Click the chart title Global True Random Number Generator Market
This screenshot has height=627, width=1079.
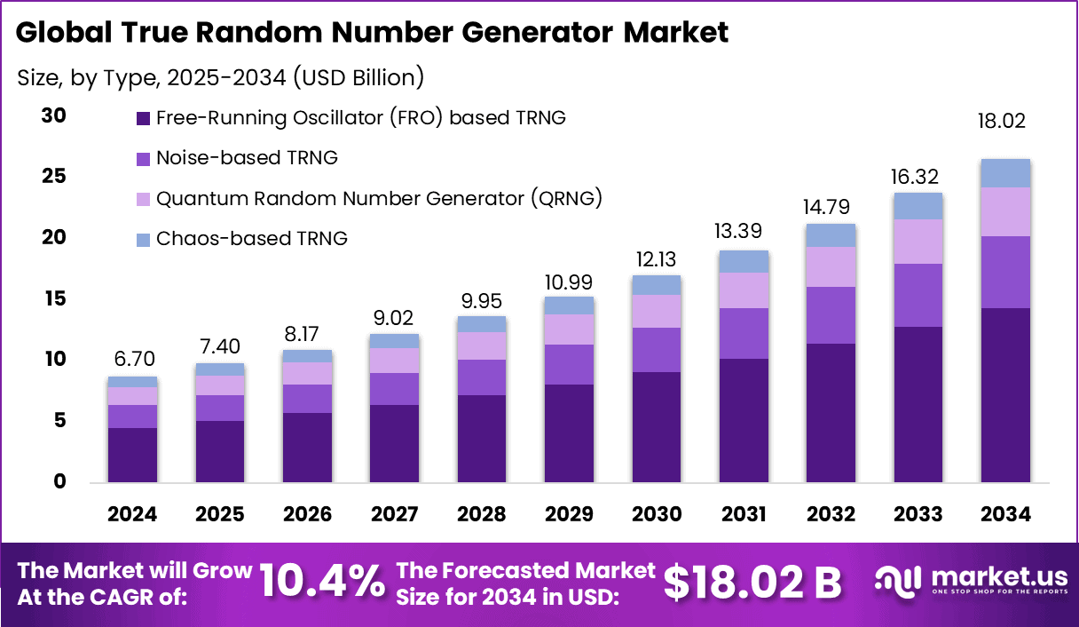(x=372, y=33)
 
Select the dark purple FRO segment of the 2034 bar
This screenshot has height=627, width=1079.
(x=1005, y=395)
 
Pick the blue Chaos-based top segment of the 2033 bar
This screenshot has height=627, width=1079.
(x=918, y=206)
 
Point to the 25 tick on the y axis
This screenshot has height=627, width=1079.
(x=54, y=177)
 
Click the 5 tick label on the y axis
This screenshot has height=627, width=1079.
(x=59, y=420)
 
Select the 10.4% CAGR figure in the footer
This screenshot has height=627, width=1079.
(x=323, y=582)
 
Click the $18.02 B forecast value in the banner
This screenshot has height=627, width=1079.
(x=753, y=582)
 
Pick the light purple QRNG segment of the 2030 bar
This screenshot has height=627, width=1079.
(x=657, y=311)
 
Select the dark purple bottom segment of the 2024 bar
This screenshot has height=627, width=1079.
(x=132, y=455)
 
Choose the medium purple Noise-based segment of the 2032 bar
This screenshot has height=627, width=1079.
(x=831, y=315)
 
